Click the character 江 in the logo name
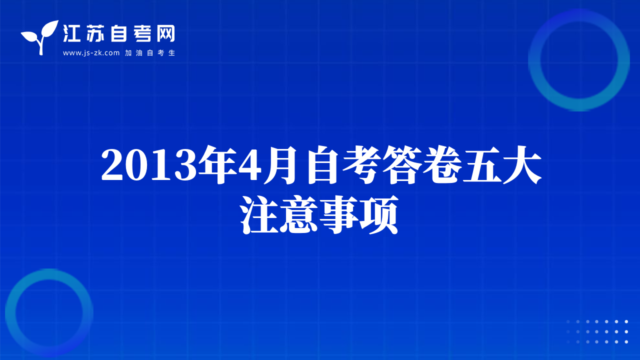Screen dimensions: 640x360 pyautogui.click(x=71, y=33)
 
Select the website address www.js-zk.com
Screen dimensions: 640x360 pyautogui.click(x=91, y=53)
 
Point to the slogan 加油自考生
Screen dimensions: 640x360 pyautogui.click(x=150, y=53)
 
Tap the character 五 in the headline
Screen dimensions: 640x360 pyautogui.click(x=482, y=165)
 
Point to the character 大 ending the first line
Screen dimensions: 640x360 pyautogui.click(x=522, y=165)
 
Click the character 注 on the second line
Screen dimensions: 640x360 pyautogui.click(x=259, y=215)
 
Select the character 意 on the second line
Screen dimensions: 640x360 pyautogui.click(x=299, y=215)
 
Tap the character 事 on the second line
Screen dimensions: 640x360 pyautogui.click(x=339, y=215)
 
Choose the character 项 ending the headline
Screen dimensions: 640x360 pyautogui.click(x=379, y=215)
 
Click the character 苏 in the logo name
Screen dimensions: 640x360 pyautogui.click(x=95, y=33)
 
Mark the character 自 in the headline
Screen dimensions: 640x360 pyautogui.click(x=323, y=165)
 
